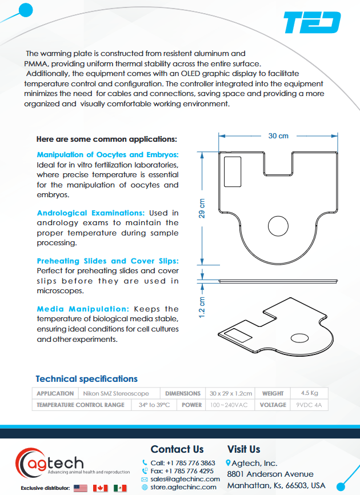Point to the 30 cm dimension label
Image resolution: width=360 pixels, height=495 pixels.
pos(278,135)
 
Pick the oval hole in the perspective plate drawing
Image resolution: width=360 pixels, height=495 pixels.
pos(300,337)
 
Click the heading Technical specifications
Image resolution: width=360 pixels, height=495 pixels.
pos(86,378)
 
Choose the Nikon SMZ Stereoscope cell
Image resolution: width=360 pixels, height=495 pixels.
pos(116,393)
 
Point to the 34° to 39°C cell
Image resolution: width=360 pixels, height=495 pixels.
pos(154,405)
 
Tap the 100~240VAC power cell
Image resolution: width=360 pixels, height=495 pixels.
pos(229,405)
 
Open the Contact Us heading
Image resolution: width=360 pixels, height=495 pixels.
pos(177,449)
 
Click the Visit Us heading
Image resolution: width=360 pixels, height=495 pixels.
pos(243,449)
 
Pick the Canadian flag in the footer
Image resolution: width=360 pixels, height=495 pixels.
pos(101,488)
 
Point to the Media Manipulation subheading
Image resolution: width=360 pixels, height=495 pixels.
pos(83,309)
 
